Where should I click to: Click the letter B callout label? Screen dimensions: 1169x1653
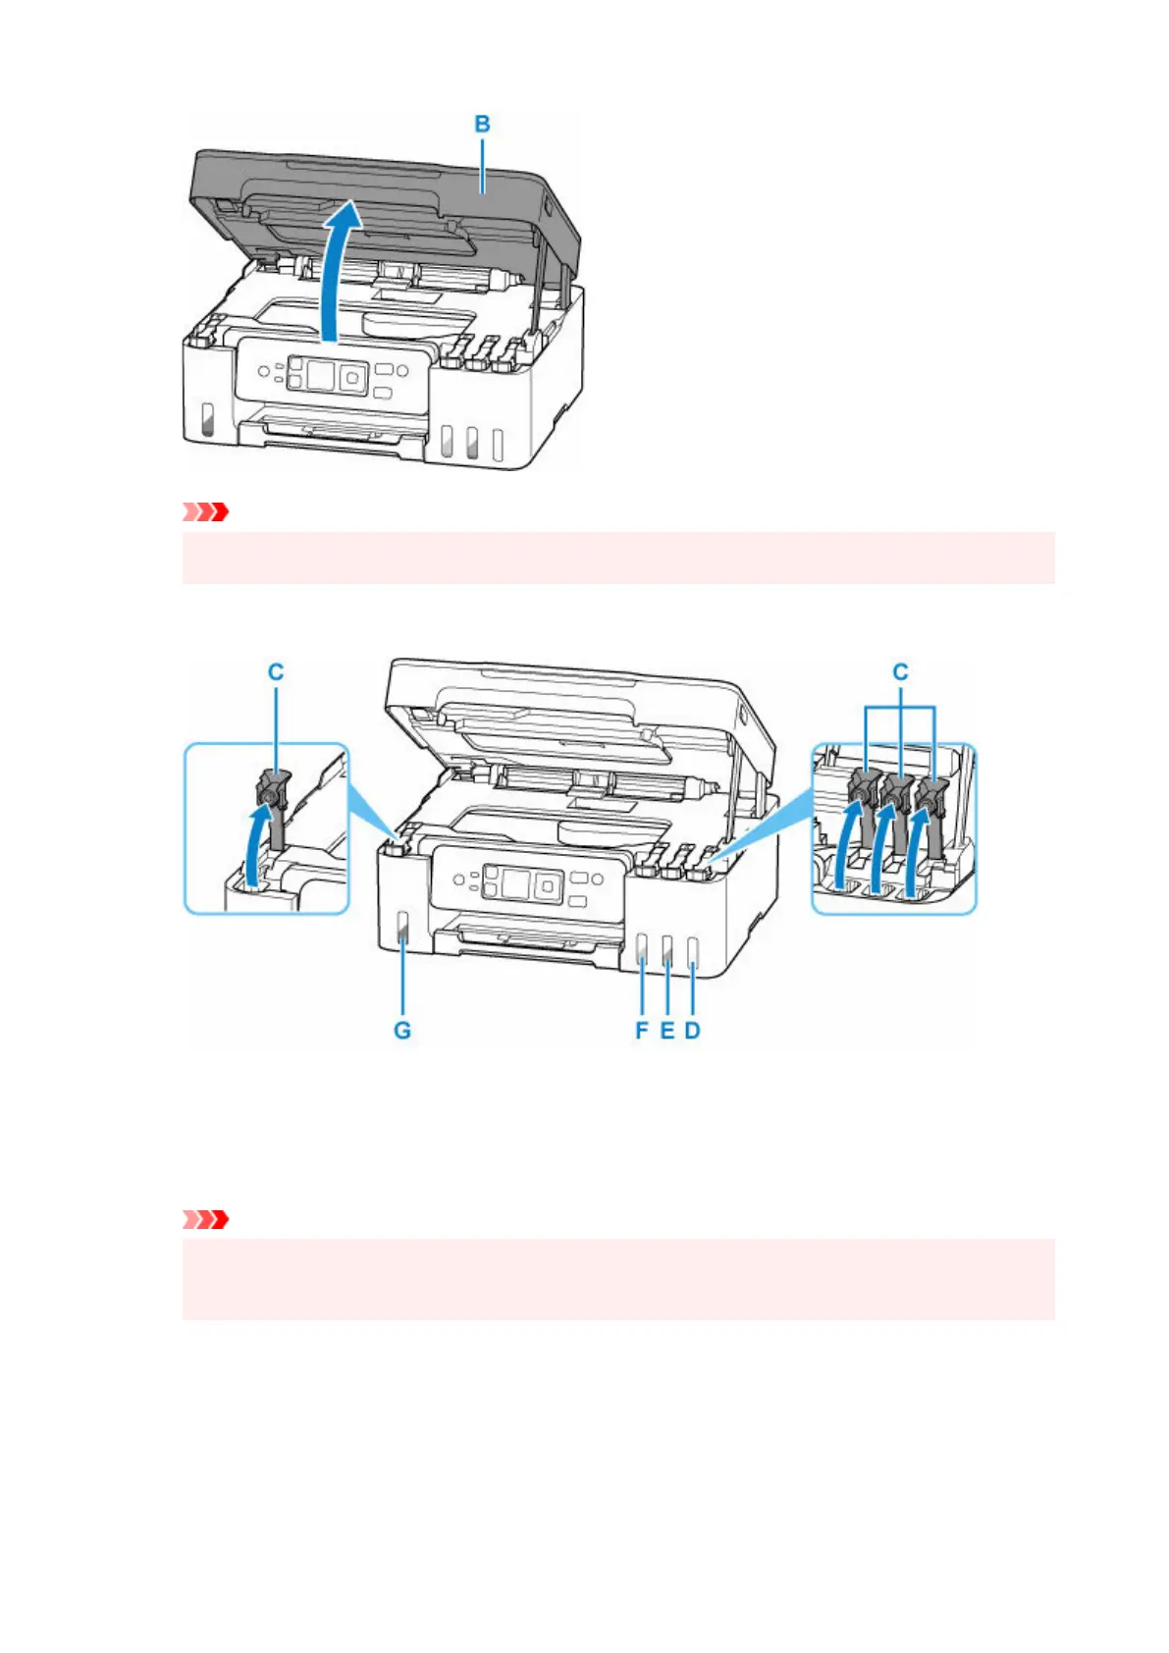(x=482, y=125)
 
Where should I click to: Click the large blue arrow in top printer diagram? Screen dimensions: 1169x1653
(x=340, y=265)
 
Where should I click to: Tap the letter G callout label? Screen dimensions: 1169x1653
(x=402, y=1031)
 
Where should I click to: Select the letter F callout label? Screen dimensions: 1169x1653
(x=642, y=1031)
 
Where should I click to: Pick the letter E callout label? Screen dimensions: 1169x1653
(x=667, y=1031)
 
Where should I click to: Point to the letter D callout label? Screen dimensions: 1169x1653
(x=693, y=1031)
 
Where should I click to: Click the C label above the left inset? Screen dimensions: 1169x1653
(x=276, y=672)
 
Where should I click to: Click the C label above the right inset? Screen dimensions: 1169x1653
(x=900, y=672)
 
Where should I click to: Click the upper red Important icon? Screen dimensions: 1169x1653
(x=206, y=511)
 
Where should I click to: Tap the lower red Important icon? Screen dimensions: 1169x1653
(x=206, y=1219)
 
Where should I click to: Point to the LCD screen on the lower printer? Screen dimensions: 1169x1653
(x=516, y=882)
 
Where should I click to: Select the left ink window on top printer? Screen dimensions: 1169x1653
(x=207, y=419)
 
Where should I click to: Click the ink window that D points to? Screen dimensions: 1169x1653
(x=692, y=951)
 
